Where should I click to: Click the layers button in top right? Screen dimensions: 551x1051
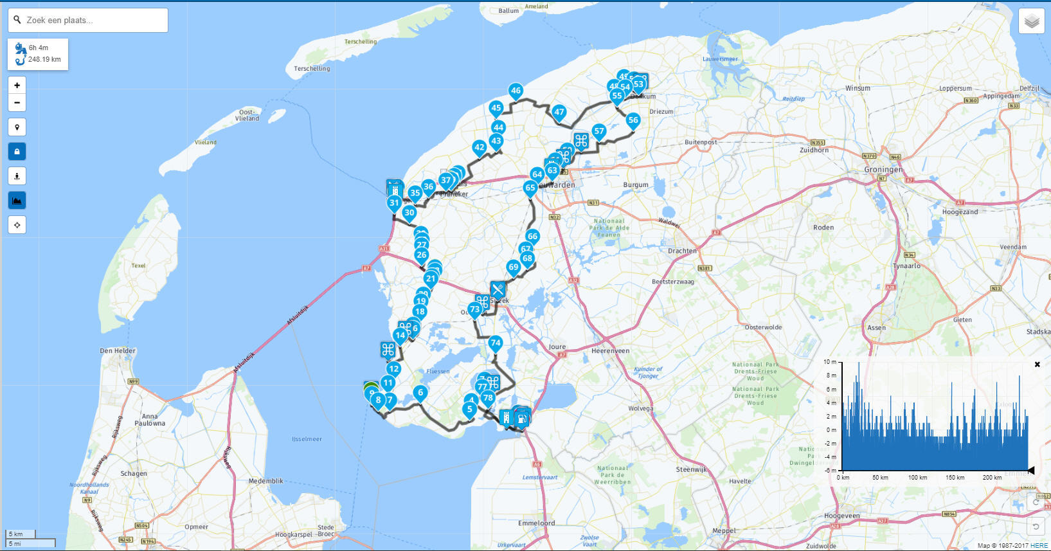(1031, 21)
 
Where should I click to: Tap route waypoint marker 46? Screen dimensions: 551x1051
(516, 91)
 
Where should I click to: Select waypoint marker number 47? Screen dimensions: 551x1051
(559, 112)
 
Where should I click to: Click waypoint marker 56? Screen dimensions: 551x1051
(633, 120)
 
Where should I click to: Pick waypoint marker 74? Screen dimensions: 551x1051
(495, 343)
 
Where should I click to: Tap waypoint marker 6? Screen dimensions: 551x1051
(420, 392)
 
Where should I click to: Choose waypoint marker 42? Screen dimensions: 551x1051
(479, 147)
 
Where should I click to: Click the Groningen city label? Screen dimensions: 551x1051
(883, 170)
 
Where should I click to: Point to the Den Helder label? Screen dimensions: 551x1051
(118, 351)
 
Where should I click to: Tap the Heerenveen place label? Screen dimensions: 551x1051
(610, 351)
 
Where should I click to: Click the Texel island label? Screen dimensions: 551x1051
(138, 266)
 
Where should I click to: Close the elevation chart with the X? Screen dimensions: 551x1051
(1037, 365)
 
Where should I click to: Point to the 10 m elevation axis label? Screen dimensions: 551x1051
(830, 362)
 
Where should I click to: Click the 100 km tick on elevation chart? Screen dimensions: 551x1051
(917, 478)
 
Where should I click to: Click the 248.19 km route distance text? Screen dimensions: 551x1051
(44, 60)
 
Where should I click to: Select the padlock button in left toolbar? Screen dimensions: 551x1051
(17, 152)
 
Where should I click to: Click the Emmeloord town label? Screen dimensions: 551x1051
(537, 523)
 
